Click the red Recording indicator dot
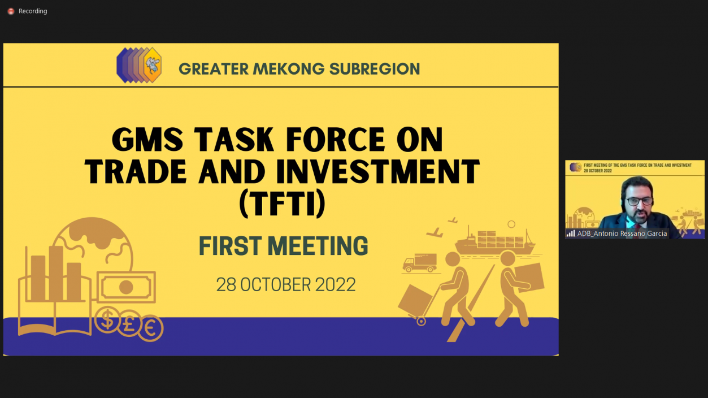(x=11, y=11)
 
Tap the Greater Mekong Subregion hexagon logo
(x=139, y=65)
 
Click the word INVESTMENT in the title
(x=378, y=172)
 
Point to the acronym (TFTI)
(x=283, y=204)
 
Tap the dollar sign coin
(x=107, y=319)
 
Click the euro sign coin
(x=150, y=328)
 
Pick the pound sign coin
(x=129, y=323)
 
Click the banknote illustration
(x=126, y=287)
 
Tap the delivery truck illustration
(x=420, y=263)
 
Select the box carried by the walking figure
(x=529, y=277)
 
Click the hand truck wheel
(x=421, y=322)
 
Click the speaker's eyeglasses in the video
(x=640, y=201)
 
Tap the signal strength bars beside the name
(x=571, y=233)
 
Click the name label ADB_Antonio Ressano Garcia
(x=622, y=233)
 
